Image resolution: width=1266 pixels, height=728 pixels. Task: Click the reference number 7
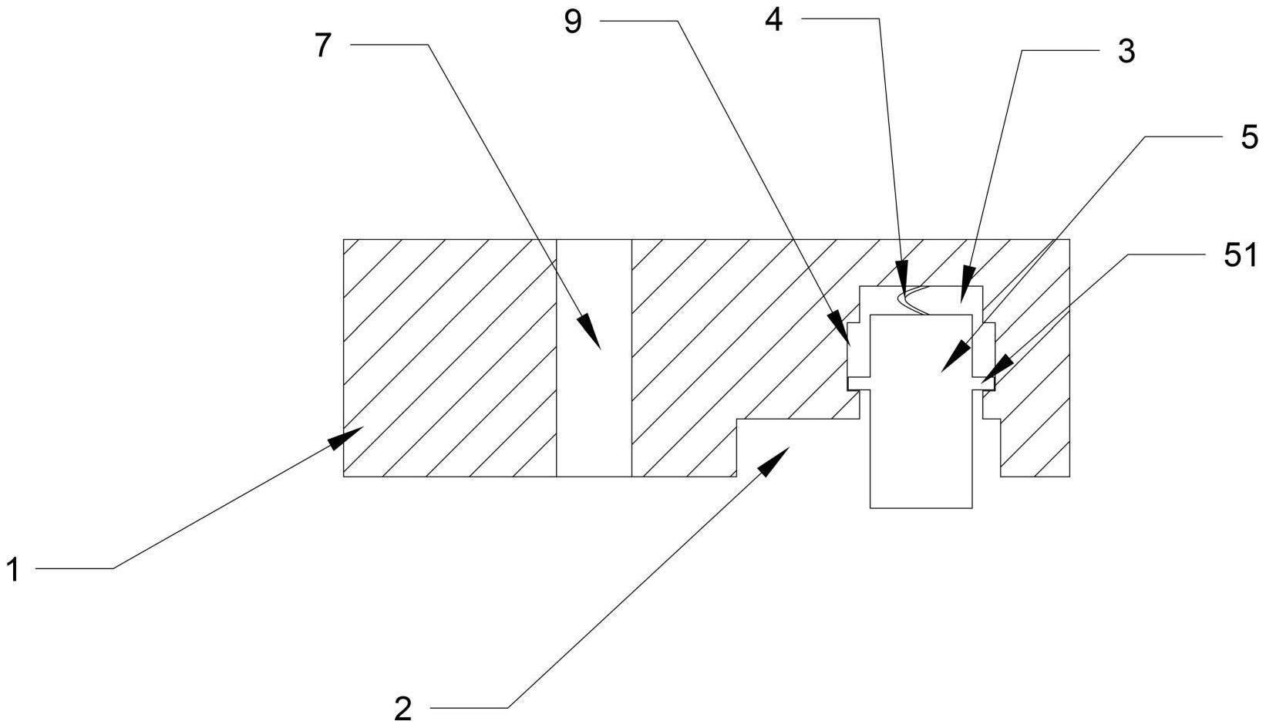point(322,45)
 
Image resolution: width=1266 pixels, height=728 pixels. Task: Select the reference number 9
point(573,22)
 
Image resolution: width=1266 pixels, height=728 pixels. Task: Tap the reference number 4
point(774,20)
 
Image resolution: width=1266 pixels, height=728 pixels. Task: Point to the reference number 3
point(1126,52)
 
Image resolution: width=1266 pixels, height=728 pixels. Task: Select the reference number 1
point(14,569)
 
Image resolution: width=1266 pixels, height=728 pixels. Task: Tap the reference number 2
point(402,708)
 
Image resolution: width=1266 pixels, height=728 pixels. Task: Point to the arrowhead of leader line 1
point(345,438)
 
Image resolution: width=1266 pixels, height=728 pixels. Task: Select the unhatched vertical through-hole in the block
point(594,358)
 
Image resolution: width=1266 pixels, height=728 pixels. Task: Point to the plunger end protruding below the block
point(921,492)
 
